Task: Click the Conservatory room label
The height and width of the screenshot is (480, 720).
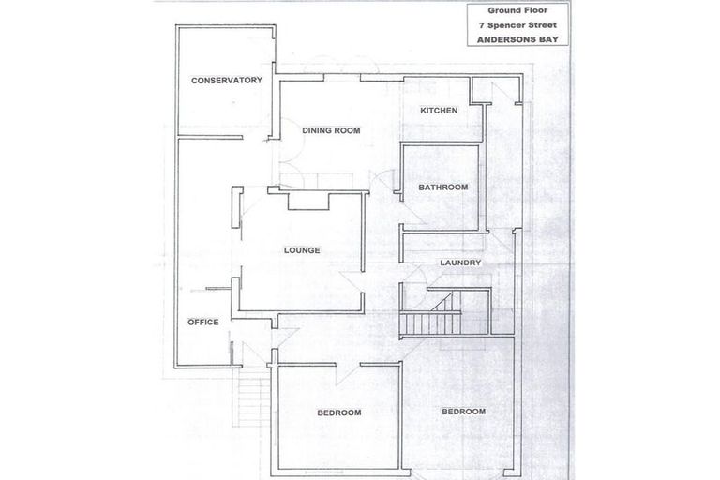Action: (x=226, y=81)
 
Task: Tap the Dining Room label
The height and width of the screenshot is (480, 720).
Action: (x=331, y=130)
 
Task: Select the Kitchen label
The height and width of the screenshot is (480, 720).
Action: (x=439, y=111)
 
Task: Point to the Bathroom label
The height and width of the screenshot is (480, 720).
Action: (x=442, y=187)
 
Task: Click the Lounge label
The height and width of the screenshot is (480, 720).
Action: (x=303, y=250)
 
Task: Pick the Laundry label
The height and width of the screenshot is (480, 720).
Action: (x=460, y=262)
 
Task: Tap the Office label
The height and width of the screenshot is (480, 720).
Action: (x=202, y=322)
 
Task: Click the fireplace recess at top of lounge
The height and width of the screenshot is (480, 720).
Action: (x=307, y=200)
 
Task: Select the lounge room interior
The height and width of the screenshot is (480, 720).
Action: (x=300, y=272)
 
